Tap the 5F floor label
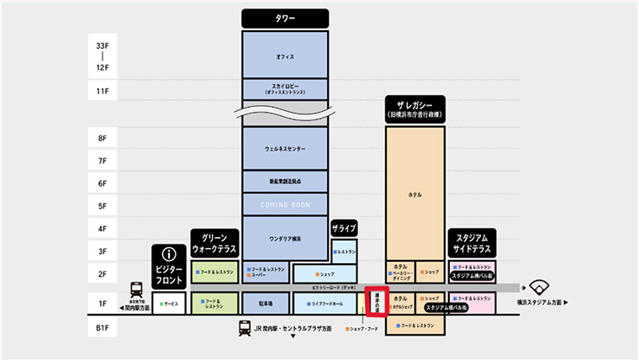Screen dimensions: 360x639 [103, 205]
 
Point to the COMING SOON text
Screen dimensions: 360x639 [284, 205]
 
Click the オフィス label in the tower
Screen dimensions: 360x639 [284, 56]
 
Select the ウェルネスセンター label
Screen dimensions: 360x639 [284, 149]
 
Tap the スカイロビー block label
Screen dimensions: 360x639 [284, 87]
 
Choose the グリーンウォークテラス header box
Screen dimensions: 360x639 [215, 244]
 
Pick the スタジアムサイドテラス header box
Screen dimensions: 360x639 [472, 244]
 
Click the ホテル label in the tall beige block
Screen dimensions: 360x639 [415, 195]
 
